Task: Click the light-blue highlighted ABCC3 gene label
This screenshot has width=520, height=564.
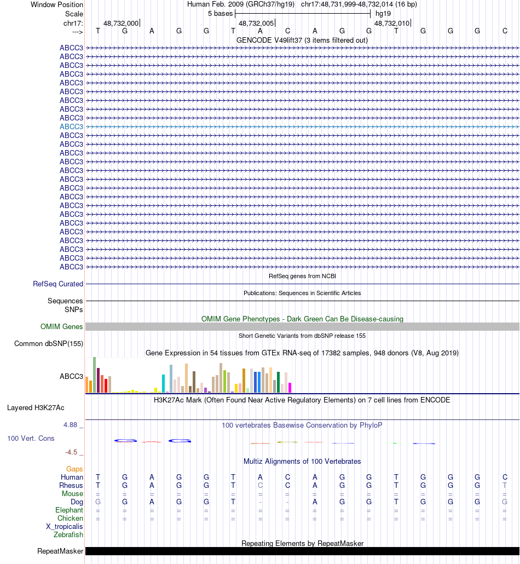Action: pos(71,126)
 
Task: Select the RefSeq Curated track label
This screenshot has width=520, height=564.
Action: pos(58,284)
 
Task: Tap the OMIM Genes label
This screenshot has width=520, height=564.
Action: pos(62,327)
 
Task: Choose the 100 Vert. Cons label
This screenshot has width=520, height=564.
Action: pos(31,439)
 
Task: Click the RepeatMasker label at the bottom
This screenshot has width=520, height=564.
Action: pos(60,551)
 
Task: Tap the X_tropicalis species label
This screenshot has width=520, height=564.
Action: pos(65,527)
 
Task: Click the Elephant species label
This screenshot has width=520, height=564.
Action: pos(69,510)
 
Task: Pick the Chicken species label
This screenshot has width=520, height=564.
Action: pos(70,519)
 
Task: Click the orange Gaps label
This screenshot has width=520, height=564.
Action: pos(74,469)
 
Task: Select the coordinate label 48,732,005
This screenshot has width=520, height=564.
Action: pos(256,24)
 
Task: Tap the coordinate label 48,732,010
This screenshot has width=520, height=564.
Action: pos(391,24)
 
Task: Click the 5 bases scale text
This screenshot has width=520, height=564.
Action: pos(220,13)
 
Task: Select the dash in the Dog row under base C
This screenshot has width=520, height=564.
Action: pos(287,502)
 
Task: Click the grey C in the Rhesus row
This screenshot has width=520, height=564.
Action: pos(261,486)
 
